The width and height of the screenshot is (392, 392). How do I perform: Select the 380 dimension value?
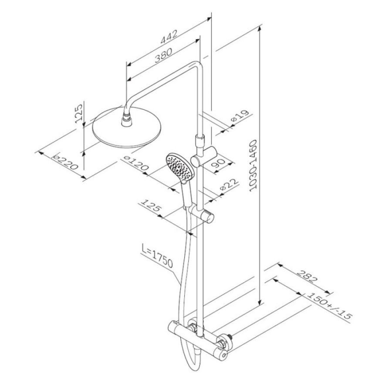pyautogui.click(x=163, y=55)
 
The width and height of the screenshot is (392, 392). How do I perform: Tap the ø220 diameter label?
pyautogui.click(x=65, y=162)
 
